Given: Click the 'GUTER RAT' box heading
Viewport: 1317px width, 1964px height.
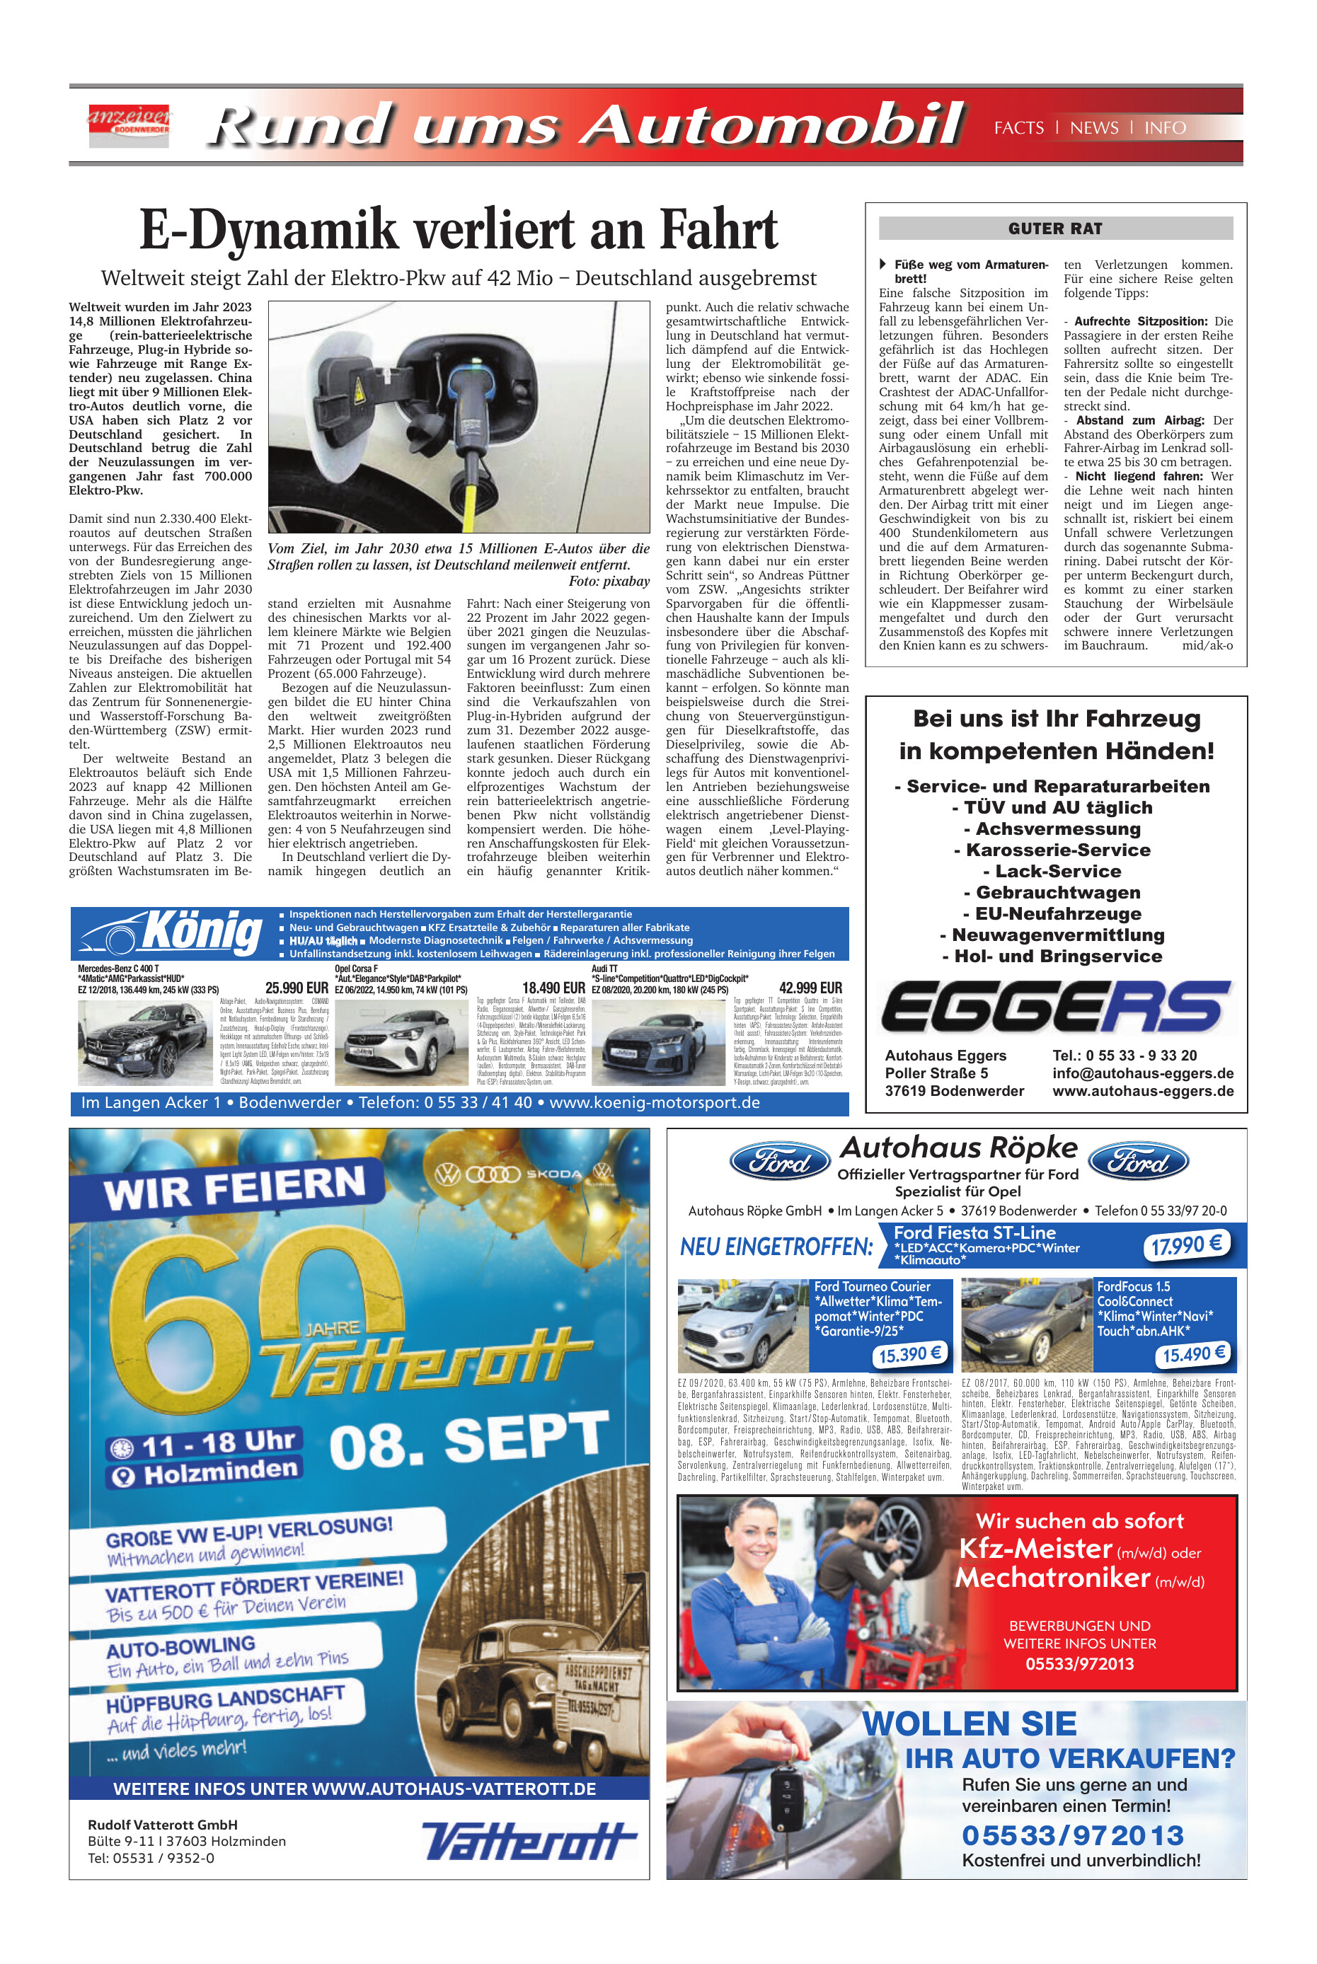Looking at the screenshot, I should [x=1055, y=229].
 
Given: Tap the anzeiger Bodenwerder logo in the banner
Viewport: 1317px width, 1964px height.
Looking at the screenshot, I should [x=130, y=123].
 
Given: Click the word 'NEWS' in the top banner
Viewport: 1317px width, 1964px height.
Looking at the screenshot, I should [x=1093, y=127].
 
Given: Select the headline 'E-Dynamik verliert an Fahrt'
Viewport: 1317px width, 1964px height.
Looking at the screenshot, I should [x=459, y=229].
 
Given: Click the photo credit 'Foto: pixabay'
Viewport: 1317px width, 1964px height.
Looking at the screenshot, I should [x=608, y=581].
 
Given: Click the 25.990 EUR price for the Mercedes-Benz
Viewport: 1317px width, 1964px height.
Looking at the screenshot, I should [x=297, y=988].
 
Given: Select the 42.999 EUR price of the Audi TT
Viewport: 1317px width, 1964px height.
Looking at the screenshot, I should [x=810, y=988].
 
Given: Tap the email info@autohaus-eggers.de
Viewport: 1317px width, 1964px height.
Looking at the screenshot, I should [x=1142, y=1073].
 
